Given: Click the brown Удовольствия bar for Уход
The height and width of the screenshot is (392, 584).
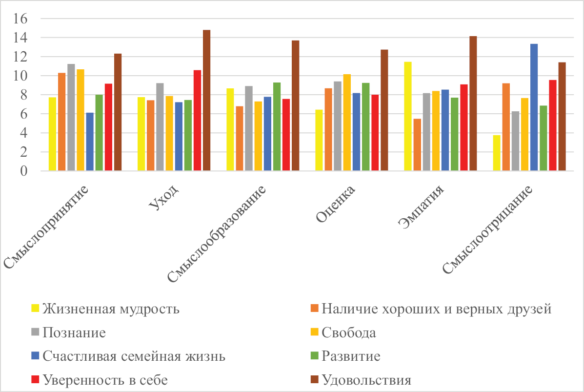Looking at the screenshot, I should [206, 101].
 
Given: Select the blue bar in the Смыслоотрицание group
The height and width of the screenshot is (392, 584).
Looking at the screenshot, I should [534, 107].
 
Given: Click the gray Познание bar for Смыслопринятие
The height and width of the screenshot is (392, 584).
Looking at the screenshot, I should [71, 117].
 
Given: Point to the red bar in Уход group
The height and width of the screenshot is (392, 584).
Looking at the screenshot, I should [197, 121].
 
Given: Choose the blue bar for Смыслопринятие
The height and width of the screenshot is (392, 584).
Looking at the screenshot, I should [90, 142].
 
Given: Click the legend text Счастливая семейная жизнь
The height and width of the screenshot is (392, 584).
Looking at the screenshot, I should [134, 356].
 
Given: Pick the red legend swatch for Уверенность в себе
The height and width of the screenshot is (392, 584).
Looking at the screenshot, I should [35, 380].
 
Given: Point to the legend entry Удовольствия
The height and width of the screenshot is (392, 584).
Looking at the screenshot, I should [366, 380].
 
